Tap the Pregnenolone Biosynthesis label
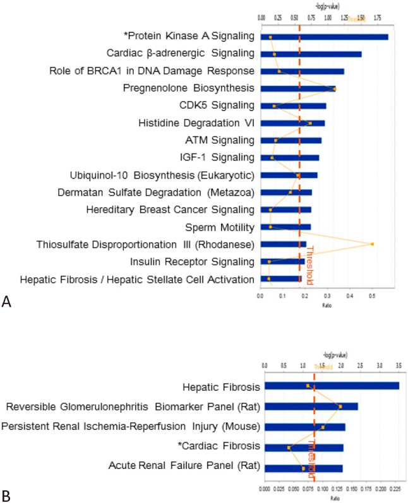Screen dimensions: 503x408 pyautogui.click(x=189, y=88)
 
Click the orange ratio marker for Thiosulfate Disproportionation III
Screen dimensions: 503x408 pyautogui.click(x=373, y=244)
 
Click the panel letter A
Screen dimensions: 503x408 pyautogui.click(x=7, y=304)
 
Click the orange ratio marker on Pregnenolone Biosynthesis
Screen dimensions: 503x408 pyautogui.click(x=334, y=89)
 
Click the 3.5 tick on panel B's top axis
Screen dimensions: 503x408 pyautogui.click(x=399, y=365)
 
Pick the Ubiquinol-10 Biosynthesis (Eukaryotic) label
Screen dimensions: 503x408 pyautogui.click(x=163, y=175)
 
